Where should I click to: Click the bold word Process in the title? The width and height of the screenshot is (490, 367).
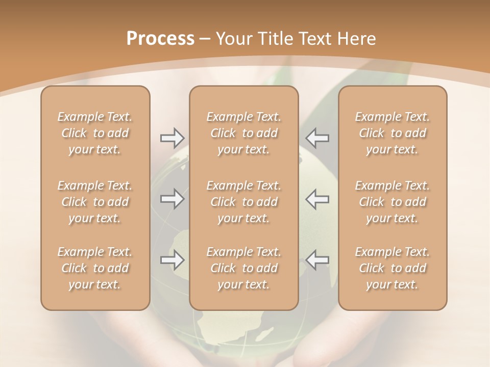click(x=160, y=39)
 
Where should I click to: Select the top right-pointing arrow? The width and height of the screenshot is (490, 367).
click(x=172, y=138)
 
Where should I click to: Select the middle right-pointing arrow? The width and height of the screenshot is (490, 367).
click(x=172, y=198)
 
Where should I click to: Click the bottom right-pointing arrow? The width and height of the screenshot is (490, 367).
click(x=172, y=260)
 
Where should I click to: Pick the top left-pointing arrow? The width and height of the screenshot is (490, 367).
click(x=317, y=138)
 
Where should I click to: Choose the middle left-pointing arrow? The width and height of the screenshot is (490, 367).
click(x=317, y=198)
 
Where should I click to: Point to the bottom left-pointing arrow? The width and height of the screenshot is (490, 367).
click(x=317, y=260)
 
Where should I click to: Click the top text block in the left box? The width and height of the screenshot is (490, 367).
click(x=95, y=133)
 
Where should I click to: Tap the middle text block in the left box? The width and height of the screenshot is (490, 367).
click(x=95, y=202)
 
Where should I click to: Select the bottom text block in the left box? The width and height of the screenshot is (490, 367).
click(x=95, y=268)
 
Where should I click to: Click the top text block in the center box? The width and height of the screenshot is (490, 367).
click(x=243, y=133)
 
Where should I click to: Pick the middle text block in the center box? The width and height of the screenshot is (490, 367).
click(x=243, y=202)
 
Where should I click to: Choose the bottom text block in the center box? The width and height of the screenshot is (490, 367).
click(x=243, y=268)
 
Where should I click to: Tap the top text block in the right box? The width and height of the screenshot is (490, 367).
click(x=392, y=133)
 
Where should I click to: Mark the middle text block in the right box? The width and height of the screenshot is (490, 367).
click(x=392, y=202)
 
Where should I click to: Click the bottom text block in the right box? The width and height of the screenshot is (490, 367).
click(x=392, y=268)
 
